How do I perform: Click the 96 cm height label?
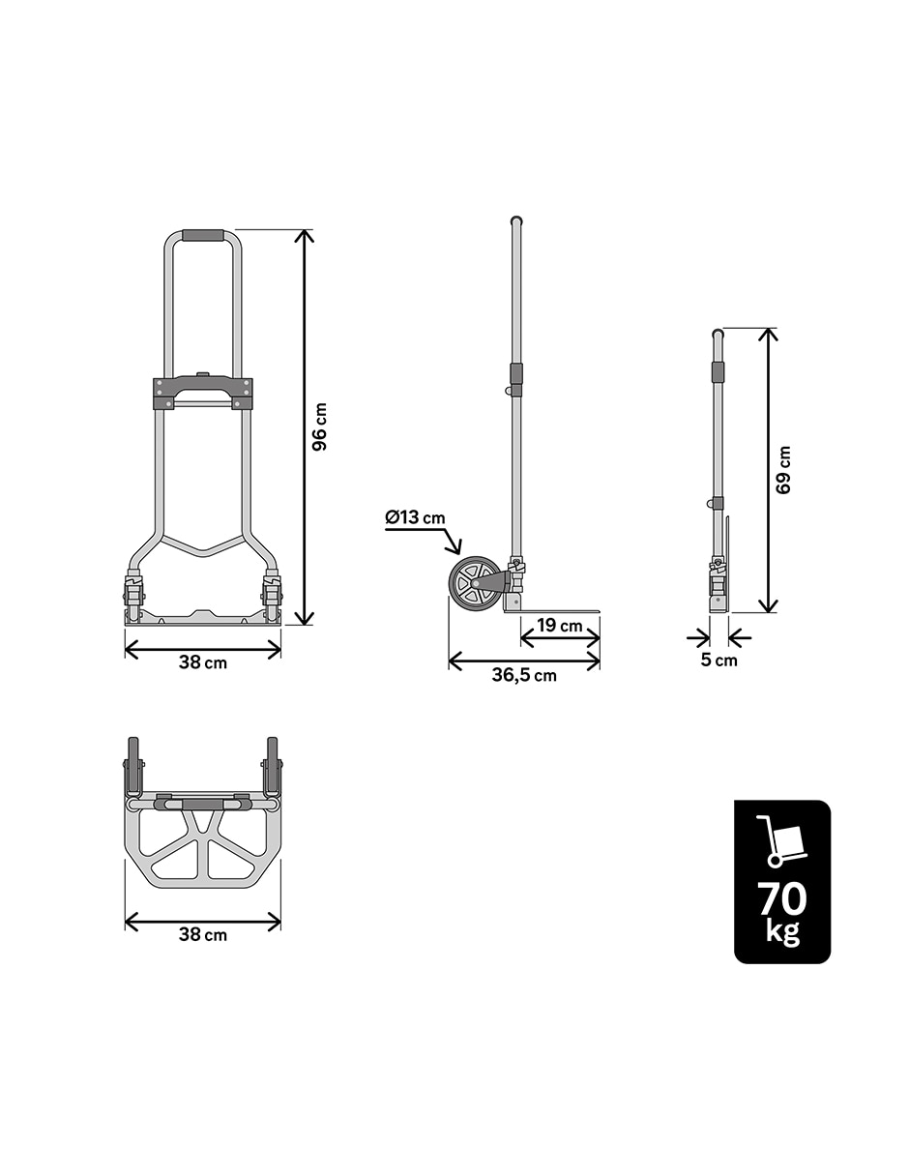pos(320,426)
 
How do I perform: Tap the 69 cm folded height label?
pos(783,470)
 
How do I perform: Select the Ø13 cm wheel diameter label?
pos(415,517)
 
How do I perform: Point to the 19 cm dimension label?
pos(560,626)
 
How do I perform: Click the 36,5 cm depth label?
pos(524,675)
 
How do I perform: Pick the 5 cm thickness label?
pos(718,661)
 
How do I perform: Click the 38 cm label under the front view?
pos(203,662)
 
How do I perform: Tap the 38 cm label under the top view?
pos(203,934)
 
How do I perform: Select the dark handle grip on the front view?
pos(203,236)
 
